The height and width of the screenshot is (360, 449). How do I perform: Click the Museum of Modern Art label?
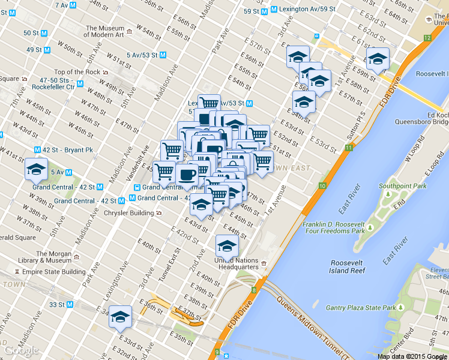click(104, 31)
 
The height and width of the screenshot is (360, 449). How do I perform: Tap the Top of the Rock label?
click(77, 72)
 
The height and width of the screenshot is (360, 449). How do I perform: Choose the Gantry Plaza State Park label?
click(360, 308)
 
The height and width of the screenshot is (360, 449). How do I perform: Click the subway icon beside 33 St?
click(70, 304)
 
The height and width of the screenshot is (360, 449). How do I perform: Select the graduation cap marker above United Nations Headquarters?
click(226, 245)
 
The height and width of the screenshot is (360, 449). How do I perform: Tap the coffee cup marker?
click(187, 175)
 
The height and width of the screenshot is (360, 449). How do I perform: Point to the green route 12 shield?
click(427, 38)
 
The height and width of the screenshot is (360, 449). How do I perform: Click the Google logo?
click(21, 350)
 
